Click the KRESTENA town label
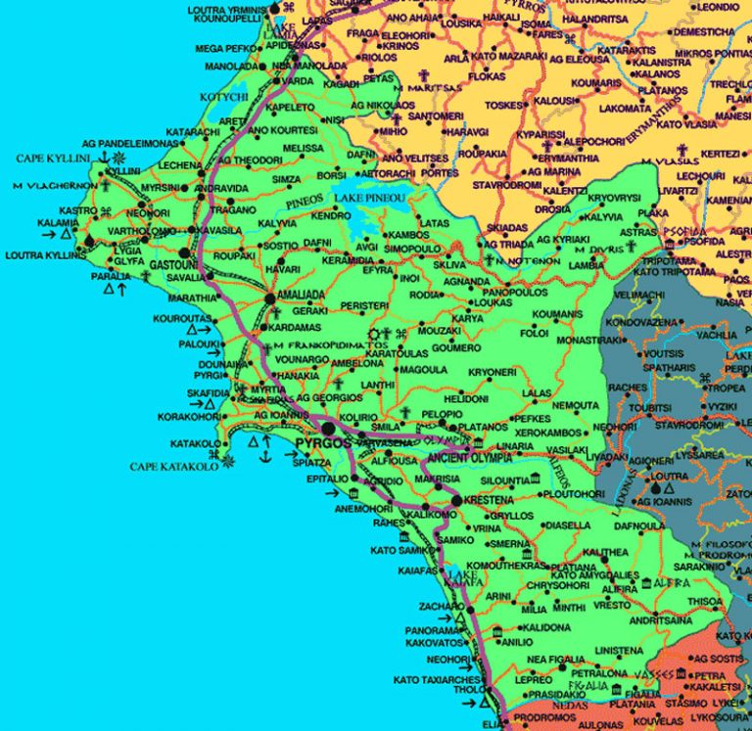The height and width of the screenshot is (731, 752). pyautogui.click(x=490, y=500)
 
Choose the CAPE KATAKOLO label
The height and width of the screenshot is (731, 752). pyautogui.click(x=175, y=467)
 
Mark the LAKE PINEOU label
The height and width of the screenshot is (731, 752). pyautogui.click(x=371, y=201)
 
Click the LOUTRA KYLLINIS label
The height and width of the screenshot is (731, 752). pyautogui.click(x=42, y=256)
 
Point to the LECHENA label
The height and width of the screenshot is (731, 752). pyautogui.click(x=180, y=165)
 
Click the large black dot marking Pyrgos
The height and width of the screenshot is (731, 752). pyautogui.click(x=329, y=429)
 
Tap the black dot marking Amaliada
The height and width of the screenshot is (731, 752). pyautogui.click(x=269, y=297)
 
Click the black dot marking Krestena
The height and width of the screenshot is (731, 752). pyautogui.click(x=456, y=500)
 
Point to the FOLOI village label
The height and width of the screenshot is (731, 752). pyautogui.click(x=534, y=333)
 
